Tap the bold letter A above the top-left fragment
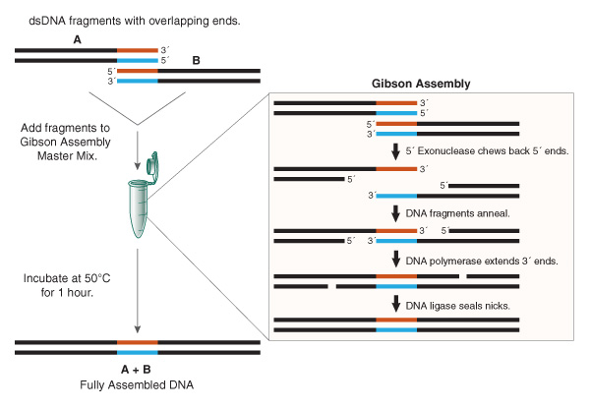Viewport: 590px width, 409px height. tap(78, 38)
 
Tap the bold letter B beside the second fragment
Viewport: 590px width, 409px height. tap(196, 61)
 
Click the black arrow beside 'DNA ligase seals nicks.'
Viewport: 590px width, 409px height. tap(396, 305)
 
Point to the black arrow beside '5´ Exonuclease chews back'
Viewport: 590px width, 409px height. tap(396, 151)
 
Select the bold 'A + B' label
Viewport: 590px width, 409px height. tap(138, 369)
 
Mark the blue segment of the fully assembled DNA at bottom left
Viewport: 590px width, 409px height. tap(137, 352)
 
